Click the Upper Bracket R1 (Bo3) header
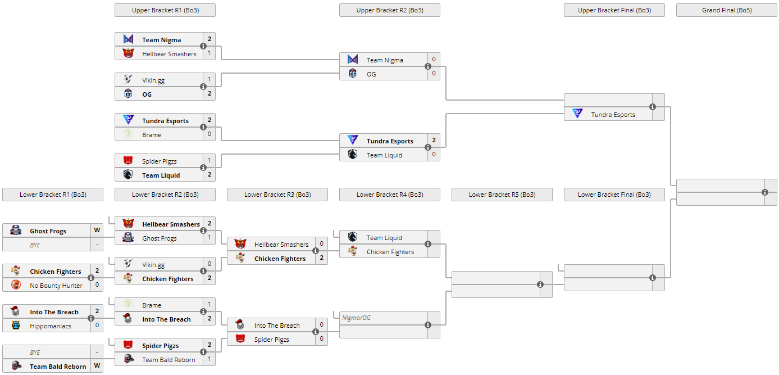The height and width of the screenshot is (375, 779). pyautogui.click(x=165, y=10)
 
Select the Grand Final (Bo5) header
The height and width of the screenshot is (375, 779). pyautogui.click(x=726, y=10)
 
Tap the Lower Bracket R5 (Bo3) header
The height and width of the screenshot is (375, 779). pyautogui.click(x=502, y=195)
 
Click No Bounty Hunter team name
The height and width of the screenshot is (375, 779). pyautogui.click(x=56, y=286)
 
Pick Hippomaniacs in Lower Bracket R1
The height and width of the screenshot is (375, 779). pyautogui.click(x=51, y=326)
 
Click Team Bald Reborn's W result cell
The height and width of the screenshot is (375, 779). pyautogui.click(x=97, y=367)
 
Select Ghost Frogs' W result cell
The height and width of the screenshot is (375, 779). pyautogui.click(x=97, y=231)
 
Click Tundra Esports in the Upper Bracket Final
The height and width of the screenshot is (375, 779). pyautogui.click(x=613, y=115)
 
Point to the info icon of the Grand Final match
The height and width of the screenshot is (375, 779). pyautogui.click(x=765, y=192)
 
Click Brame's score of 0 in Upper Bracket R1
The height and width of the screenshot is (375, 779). pyautogui.click(x=209, y=134)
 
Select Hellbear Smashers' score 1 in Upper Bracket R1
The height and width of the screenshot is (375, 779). pyautogui.click(x=209, y=53)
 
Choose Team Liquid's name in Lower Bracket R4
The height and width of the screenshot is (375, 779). pyautogui.click(x=384, y=238)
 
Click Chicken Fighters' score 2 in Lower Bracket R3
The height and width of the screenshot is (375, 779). pyautogui.click(x=322, y=258)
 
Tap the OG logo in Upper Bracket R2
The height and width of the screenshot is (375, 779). pyautogui.click(x=353, y=74)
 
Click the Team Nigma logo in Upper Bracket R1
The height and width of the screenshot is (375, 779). pyautogui.click(x=128, y=39)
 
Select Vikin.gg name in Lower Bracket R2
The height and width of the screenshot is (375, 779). pyautogui.click(x=153, y=265)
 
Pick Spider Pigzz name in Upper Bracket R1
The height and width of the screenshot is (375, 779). pyautogui.click(x=160, y=161)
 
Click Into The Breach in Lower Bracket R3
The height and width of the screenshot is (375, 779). pyautogui.click(x=277, y=326)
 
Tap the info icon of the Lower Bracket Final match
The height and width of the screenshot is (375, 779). pyautogui.click(x=653, y=278)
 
